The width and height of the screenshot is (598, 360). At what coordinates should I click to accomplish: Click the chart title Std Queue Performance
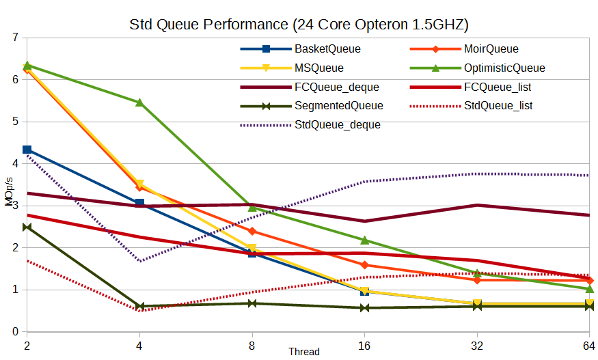299,25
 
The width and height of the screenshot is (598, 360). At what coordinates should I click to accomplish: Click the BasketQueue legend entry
327,49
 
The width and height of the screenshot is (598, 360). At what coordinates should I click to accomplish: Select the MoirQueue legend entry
491,49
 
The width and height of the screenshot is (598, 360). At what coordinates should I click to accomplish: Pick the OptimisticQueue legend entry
504,68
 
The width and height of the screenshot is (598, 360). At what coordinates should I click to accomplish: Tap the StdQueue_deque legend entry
337,125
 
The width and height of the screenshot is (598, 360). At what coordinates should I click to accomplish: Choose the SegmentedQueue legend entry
338,106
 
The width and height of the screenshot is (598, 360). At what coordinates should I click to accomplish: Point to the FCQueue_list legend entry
498,87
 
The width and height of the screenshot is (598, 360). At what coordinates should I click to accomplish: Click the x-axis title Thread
303,352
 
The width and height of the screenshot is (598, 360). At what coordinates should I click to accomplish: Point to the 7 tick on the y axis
15,37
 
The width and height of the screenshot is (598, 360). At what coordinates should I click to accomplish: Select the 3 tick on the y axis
15,206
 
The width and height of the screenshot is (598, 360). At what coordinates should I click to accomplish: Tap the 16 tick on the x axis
364,346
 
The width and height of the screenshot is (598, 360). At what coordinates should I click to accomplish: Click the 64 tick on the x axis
588,346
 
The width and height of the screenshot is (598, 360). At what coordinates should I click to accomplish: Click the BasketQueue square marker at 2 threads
27,150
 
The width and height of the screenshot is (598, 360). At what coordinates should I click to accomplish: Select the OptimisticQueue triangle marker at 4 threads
139,102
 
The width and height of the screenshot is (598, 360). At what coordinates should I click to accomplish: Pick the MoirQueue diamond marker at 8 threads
252,231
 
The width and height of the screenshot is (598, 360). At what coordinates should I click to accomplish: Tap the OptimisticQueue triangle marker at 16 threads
364,240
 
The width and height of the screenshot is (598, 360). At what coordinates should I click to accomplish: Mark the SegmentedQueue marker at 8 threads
252,303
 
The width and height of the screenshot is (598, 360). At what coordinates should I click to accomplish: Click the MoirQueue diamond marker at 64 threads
589,281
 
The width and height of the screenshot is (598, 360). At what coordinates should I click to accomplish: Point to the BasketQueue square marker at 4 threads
139,203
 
